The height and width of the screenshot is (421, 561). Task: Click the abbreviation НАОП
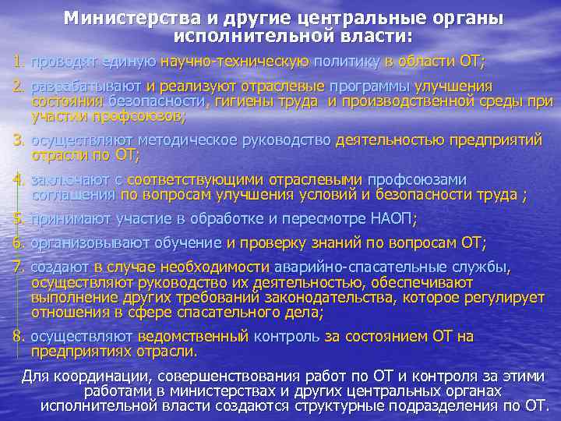coord(393,219)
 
